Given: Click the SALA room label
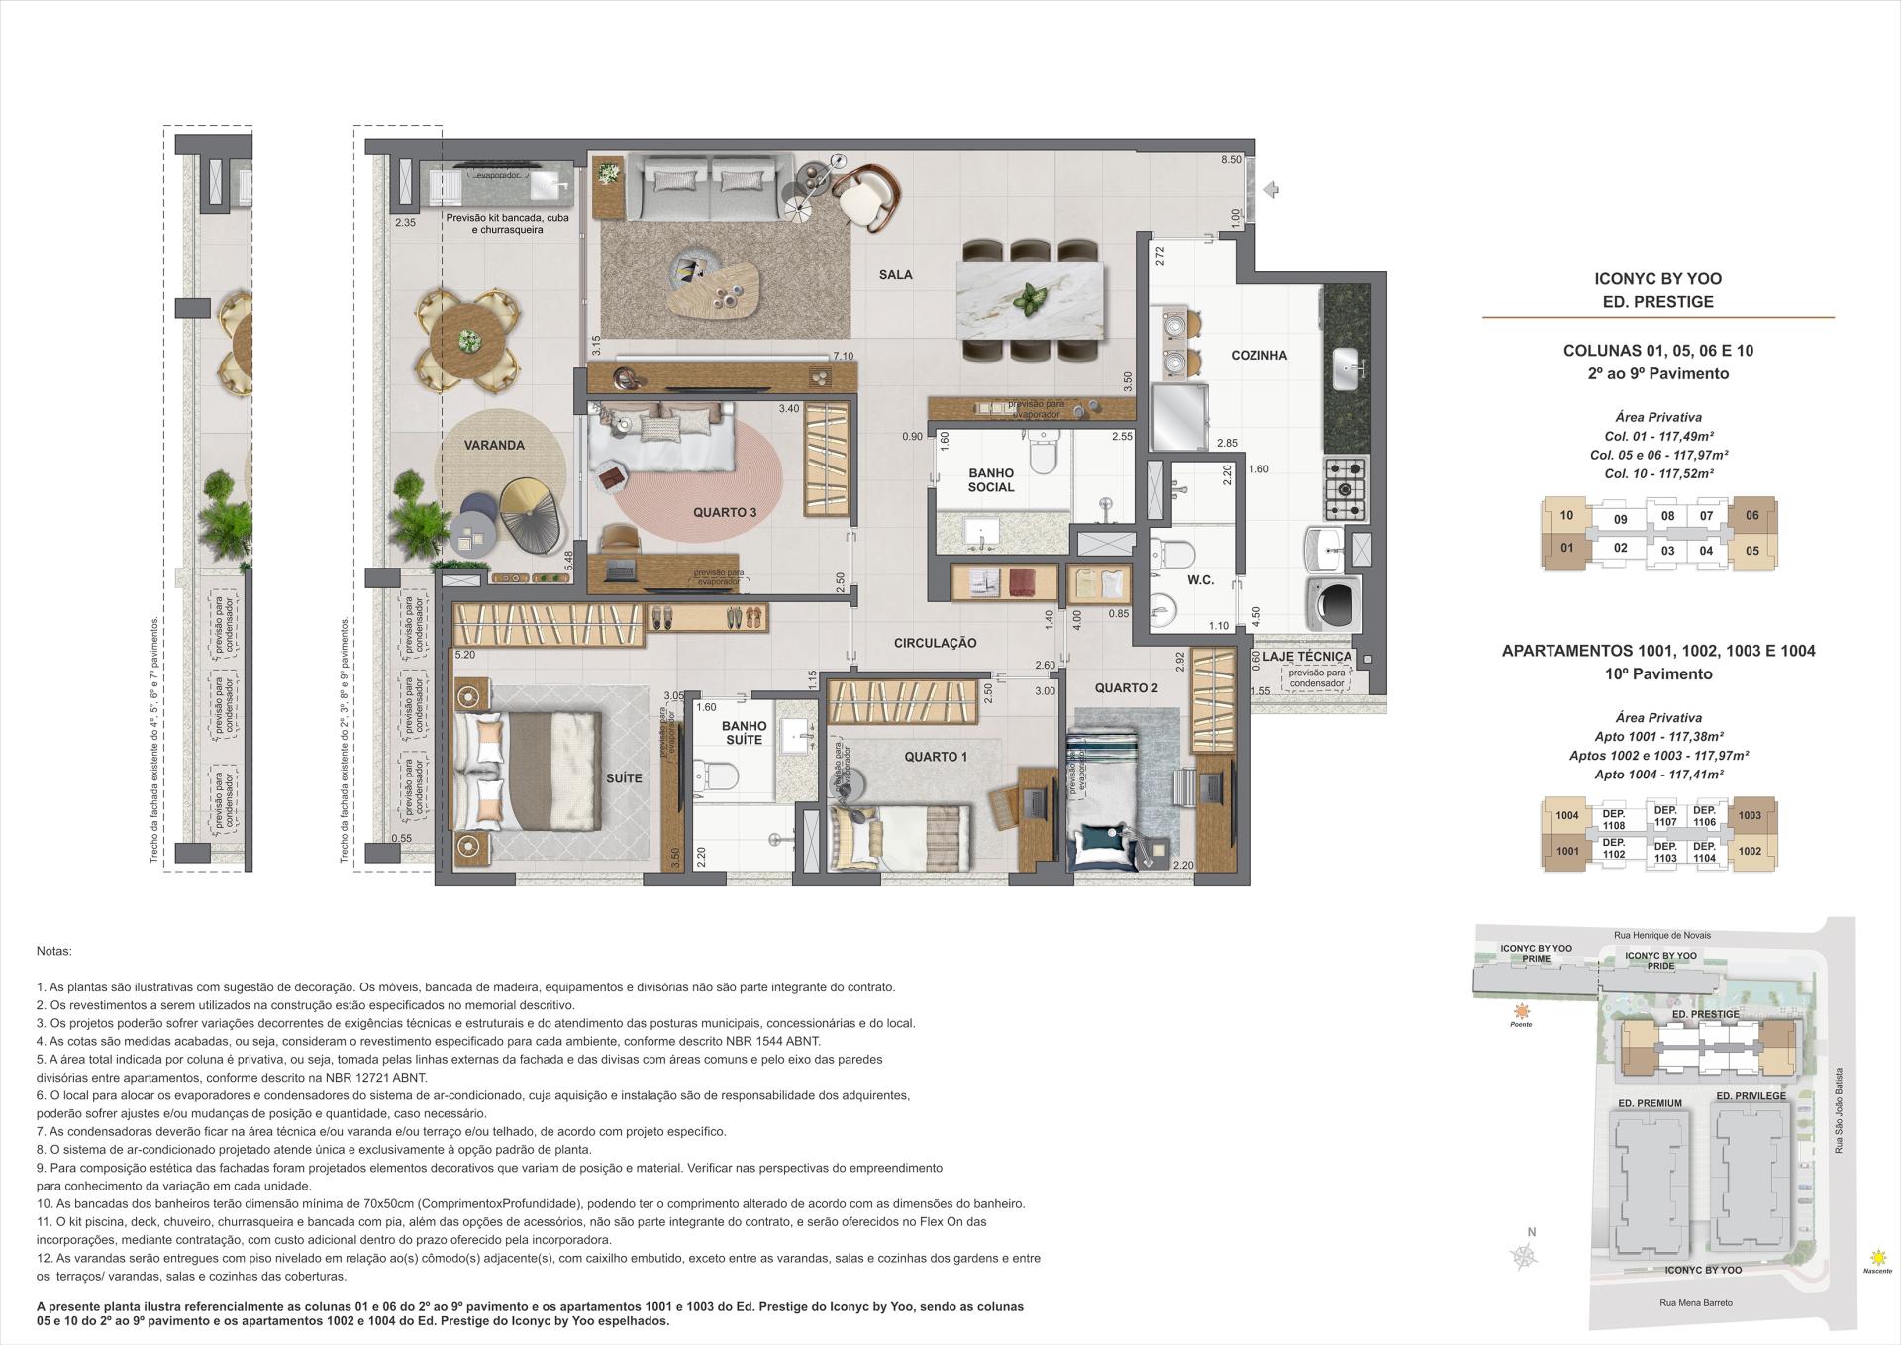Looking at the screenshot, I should pos(895,275).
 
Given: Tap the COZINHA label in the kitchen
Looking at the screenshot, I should pos(1258,355).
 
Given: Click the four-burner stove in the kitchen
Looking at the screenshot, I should pos(1346,489).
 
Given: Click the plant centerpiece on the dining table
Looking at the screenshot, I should pos(1032,297).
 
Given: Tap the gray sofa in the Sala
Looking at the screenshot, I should pos(708,188).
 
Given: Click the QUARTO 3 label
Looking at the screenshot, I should pos(725,512).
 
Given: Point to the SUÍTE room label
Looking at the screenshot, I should pos(624,778).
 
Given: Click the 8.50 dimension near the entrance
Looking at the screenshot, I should pos(1231,160).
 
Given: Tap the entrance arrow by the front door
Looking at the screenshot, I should pos(1274,190).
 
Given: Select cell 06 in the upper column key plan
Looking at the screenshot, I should pos(1751,515).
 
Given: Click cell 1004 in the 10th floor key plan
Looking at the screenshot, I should pos(1566,816).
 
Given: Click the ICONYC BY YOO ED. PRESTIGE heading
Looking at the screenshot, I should pos(1657,291).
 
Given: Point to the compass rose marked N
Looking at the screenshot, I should pos(1526,1256).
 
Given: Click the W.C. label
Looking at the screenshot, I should pos(1200,580).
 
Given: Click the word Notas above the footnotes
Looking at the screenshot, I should pos(53,951).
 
